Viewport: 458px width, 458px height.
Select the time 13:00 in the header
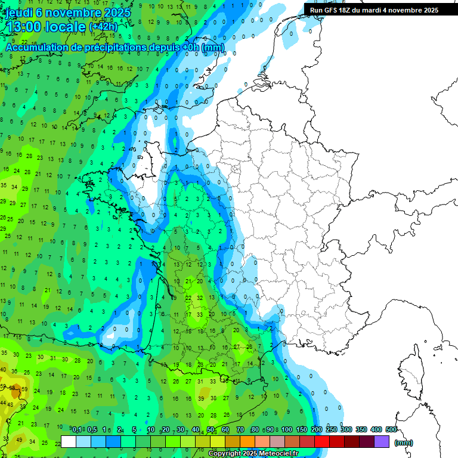26,27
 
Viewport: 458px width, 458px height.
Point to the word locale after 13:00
66,27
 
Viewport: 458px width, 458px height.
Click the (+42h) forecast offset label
103,27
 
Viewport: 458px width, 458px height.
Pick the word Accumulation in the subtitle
37,47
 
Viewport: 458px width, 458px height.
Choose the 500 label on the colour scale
391,429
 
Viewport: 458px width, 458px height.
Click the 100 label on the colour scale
286,429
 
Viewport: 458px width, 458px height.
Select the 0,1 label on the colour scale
77,429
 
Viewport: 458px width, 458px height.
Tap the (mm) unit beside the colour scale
404,442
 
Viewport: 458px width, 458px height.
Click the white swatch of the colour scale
69,441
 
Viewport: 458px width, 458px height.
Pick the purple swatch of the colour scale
382,441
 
